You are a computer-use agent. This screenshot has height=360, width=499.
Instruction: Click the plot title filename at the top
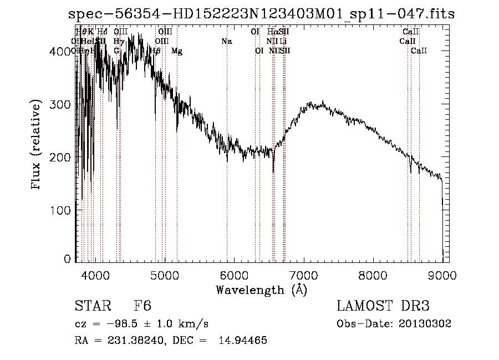point(262,15)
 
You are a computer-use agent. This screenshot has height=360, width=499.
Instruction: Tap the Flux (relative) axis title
point(37,146)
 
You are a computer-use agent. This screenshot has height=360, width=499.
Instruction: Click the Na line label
point(226,42)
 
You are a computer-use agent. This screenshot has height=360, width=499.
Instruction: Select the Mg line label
point(177,51)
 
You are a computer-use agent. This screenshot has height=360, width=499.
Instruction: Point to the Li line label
point(283,42)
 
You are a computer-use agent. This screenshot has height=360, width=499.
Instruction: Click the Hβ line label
point(156,51)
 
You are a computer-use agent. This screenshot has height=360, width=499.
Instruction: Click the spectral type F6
point(142,306)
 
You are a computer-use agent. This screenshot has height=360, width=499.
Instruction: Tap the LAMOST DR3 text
point(383,306)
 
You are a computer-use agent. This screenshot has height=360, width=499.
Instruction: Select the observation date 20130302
point(425,324)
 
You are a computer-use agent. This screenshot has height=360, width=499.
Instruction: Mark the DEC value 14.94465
point(247,341)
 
